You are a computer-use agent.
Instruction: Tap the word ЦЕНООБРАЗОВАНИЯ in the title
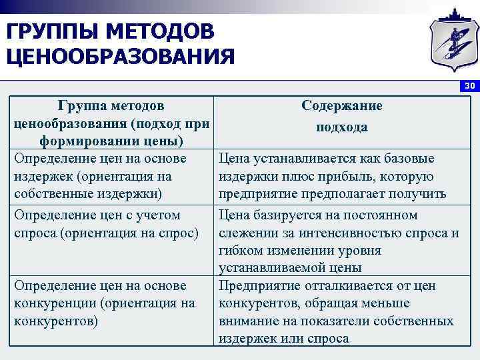pyautogui.click(x=121, y=56)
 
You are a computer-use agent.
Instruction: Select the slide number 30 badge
pyautogui.click(x=469, y=86)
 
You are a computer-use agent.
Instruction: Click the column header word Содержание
pyautogui.click(x=341, y=106)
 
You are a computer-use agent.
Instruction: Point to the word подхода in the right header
pyautogui.click(x=342, y=127)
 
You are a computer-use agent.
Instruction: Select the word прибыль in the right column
pyautogui.click(x=367, y=177)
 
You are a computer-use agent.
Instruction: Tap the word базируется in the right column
pyautogui.click(x=282, y=215)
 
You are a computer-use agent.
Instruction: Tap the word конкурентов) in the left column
pyautogui.click(x=55, y=321)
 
